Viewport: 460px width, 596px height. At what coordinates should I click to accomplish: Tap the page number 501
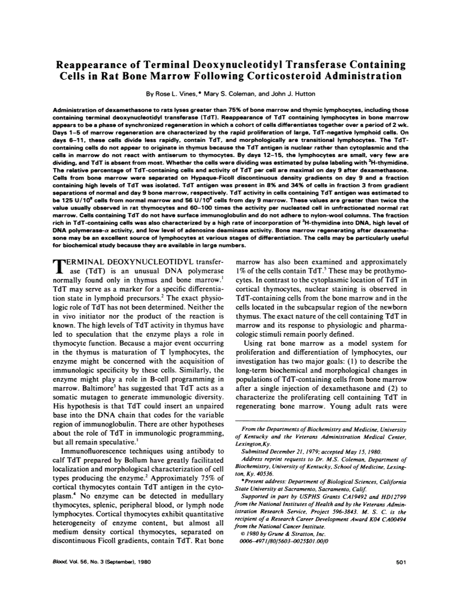click(x=400, y=562)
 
